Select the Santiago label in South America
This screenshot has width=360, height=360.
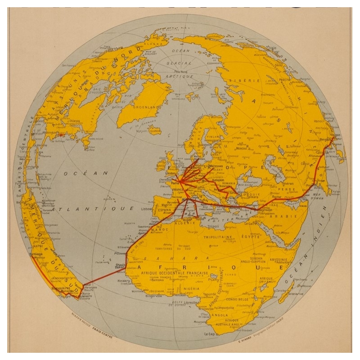click(35, 254)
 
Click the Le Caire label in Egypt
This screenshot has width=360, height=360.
click(251, 224)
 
